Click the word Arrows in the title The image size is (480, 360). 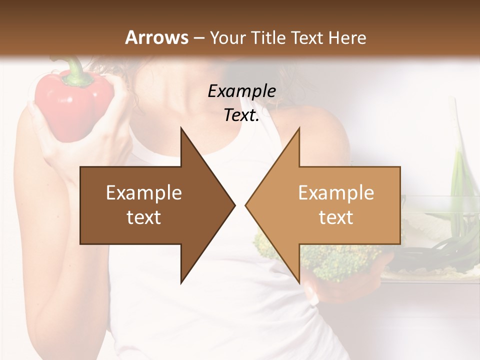tap(157, 37)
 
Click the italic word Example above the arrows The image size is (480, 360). tap(241, 92)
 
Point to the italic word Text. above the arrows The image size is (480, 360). tap(241, 115)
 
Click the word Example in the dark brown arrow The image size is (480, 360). tap(143, 193)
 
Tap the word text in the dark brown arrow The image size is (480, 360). tap(143, 217)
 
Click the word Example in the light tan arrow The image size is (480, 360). tap(336, 193)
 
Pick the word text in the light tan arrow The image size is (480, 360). tap(336, 217)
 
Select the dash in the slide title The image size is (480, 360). tap(198, 37)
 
